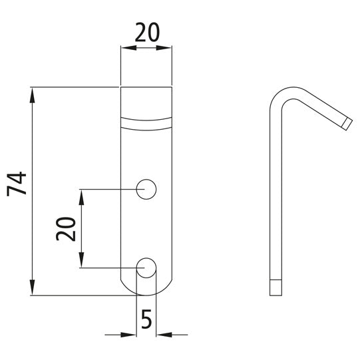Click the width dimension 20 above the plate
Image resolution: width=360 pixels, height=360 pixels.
coord(146,32)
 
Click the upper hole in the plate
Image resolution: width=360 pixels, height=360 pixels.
coord(146,190)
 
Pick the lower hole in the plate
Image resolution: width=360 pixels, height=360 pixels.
coord(146,268)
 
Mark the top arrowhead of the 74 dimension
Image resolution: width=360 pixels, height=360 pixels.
coord(32,93)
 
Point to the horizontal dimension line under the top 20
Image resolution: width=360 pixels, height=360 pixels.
coord(146,47)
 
